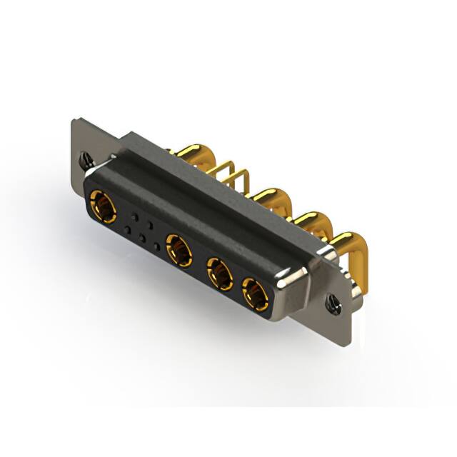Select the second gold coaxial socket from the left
click(179, 251)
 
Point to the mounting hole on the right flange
click(332, 303)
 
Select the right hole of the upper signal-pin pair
click(150, 224)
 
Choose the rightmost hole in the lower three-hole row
click(158, 247)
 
